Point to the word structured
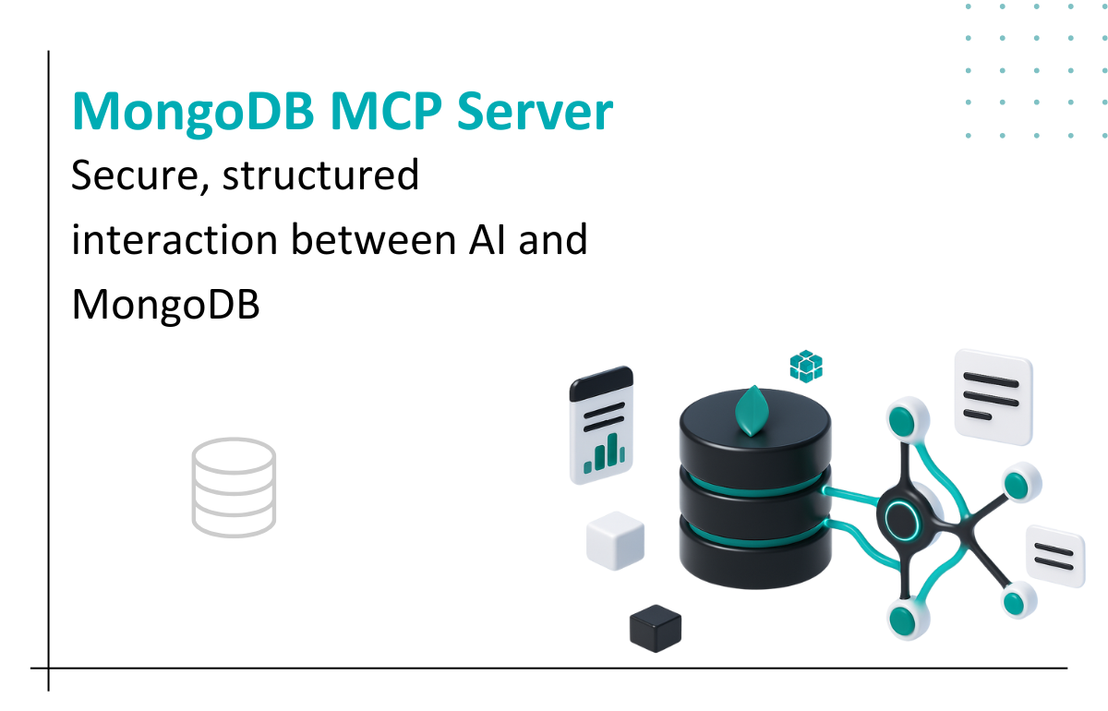coord(320,176)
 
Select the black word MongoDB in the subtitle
coord(166,305)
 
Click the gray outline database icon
coord(234,488)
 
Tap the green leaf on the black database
coord(754,411)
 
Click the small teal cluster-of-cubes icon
coord(806,367)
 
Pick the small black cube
coord(656,629)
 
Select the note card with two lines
coord(1055,555)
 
